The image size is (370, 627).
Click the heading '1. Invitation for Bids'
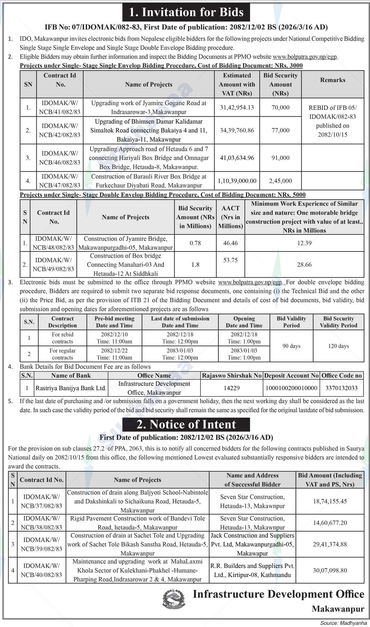point(186,12)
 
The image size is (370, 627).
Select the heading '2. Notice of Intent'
point(186,424)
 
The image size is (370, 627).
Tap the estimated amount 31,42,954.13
point(237,108)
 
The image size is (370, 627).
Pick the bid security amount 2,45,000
point(280,181)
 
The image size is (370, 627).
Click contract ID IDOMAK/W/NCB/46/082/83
point(60,158)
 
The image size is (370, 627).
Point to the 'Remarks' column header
point(333,80)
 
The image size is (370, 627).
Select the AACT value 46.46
point(230,243)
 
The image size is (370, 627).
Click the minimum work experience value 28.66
point(304,265)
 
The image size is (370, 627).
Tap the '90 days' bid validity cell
point(291,346)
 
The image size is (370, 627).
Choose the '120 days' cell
point(339,346)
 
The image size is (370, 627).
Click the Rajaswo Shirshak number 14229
point(232,388)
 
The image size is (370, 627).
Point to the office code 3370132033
point(341,388)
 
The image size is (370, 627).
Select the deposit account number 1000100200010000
point(291,388)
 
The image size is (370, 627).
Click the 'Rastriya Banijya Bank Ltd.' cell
point(71,388)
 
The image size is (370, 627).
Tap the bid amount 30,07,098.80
point(330,570)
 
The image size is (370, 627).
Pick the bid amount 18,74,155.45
point(330,501)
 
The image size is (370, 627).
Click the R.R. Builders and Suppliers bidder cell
point(253,570)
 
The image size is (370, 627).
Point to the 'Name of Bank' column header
point(71,376)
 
